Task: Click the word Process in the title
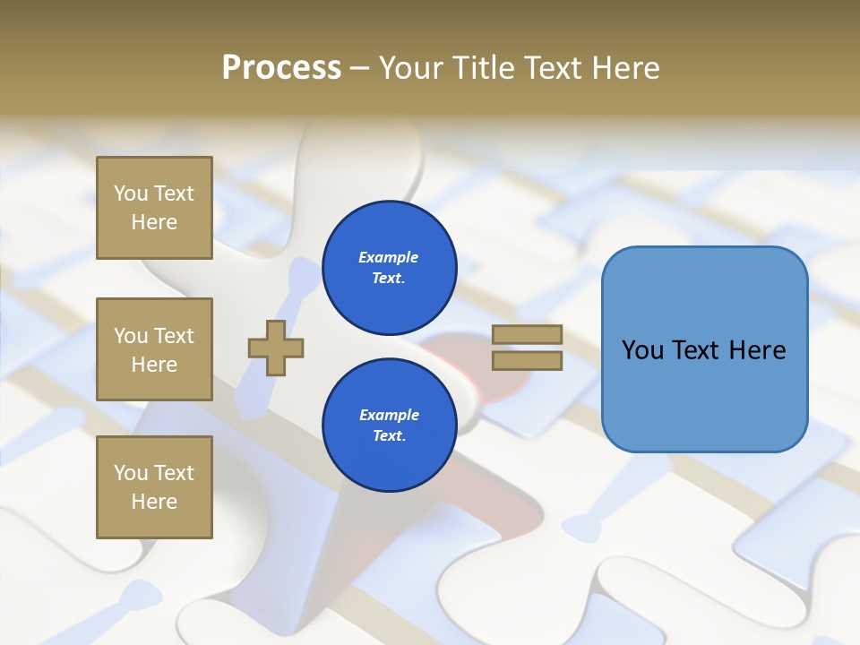pos(281,68)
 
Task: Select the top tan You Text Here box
pos(154,208)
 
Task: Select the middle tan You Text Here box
pos(154,349)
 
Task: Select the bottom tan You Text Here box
pos(154,487)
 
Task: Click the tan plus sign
pos(276,348)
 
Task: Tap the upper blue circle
pos(389,268)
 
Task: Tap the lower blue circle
pos(389,426)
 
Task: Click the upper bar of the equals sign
pos(527,335)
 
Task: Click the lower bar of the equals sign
pos(527,361)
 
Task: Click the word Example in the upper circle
pos(389,257)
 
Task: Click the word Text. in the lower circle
pos(389,436)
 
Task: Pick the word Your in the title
pos(410,68)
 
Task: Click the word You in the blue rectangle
pos(642,350)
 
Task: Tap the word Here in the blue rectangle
pos(757,350)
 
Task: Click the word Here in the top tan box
pos(154,222)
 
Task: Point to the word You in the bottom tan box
pos(131,473)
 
